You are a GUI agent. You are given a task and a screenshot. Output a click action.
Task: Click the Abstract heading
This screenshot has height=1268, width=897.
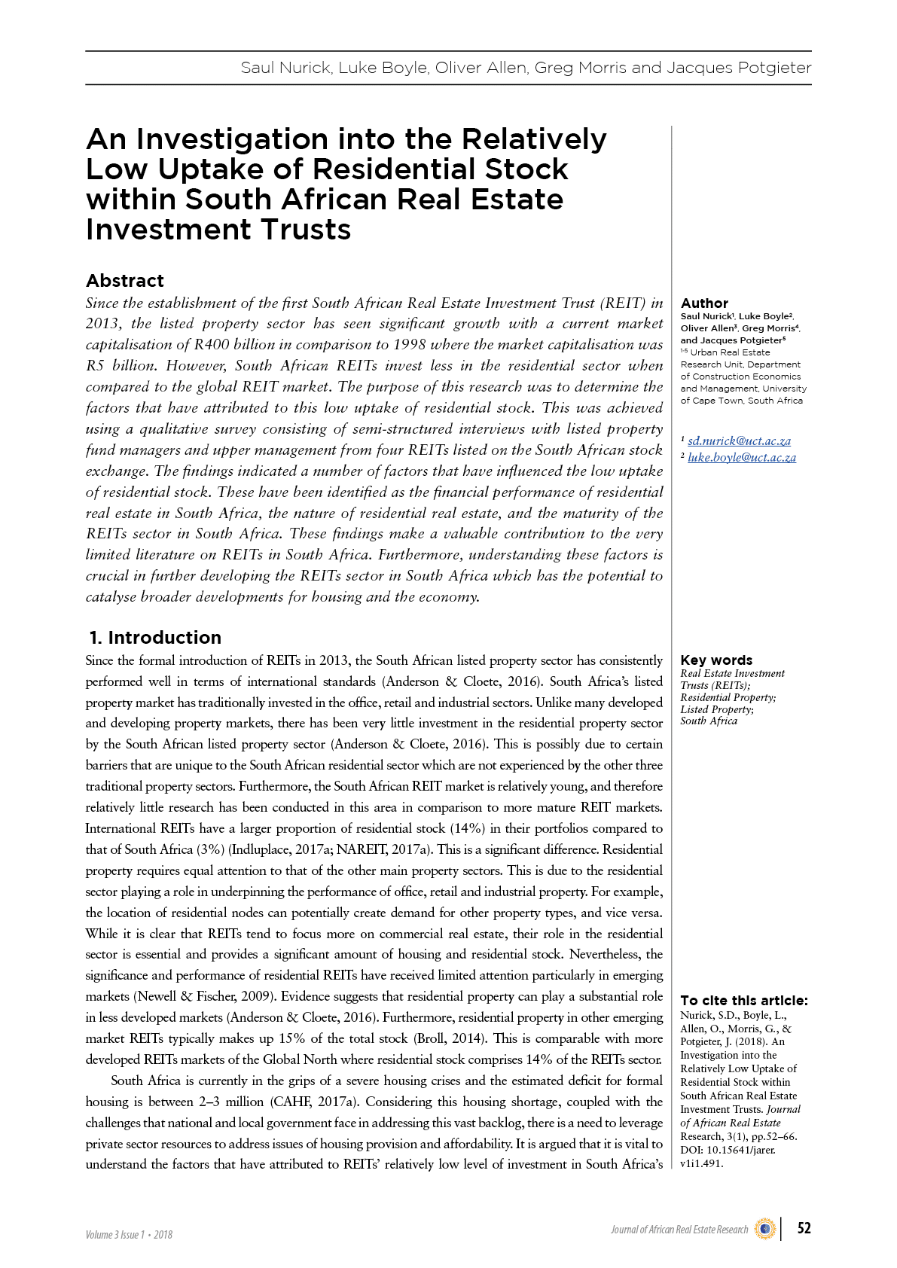125,281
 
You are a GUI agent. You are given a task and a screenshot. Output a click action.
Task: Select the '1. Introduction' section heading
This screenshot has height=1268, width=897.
155,638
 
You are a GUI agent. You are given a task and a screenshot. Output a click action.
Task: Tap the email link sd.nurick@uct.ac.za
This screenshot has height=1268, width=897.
739,441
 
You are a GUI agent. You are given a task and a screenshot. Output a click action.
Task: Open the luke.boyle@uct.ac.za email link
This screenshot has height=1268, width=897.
741,458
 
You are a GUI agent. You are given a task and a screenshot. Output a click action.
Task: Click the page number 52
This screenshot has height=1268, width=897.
804,1228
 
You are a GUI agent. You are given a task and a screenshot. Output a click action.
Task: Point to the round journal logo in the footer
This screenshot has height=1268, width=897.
764,1229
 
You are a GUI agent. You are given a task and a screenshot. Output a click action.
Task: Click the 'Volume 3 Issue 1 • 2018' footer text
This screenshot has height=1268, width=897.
129,1234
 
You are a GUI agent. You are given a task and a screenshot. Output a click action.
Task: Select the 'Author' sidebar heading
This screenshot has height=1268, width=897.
704,303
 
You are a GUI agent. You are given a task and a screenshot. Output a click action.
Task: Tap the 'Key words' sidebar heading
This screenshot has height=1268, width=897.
716,660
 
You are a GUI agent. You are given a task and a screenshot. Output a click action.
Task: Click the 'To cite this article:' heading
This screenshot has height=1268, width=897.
743,1001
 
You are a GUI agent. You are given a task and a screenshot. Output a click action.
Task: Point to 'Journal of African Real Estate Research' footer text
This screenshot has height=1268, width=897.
679,1230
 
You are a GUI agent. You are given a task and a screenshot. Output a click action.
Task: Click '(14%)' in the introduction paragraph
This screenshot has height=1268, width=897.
467,828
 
